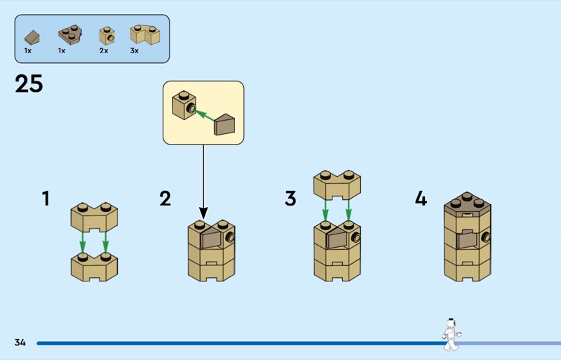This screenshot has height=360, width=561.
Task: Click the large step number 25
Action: [x=29, y=84]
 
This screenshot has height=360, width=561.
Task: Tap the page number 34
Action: [x=20, y=342]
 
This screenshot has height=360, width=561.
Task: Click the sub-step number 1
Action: [x=46, y=199]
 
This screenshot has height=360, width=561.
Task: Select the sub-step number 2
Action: [x=165, y=199]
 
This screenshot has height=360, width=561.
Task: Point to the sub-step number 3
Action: [x=290, y=199]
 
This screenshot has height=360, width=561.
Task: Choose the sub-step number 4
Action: [x=421, y=199]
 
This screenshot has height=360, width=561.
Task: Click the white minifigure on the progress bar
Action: [x=450, y=335]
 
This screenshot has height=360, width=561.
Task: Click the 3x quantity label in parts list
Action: [x=135, y=51]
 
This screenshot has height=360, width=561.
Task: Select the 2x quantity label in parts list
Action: [x=104, y=51]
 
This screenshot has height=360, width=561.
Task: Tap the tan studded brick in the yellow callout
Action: [x=183, y=105]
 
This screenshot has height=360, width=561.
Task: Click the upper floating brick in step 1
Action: [x=94, y=218]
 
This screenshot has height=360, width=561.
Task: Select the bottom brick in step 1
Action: [x=94, y=267]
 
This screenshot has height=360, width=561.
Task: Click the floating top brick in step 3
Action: [x=337, y=183]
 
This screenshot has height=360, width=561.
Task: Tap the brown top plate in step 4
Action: [x=467, y=202]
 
